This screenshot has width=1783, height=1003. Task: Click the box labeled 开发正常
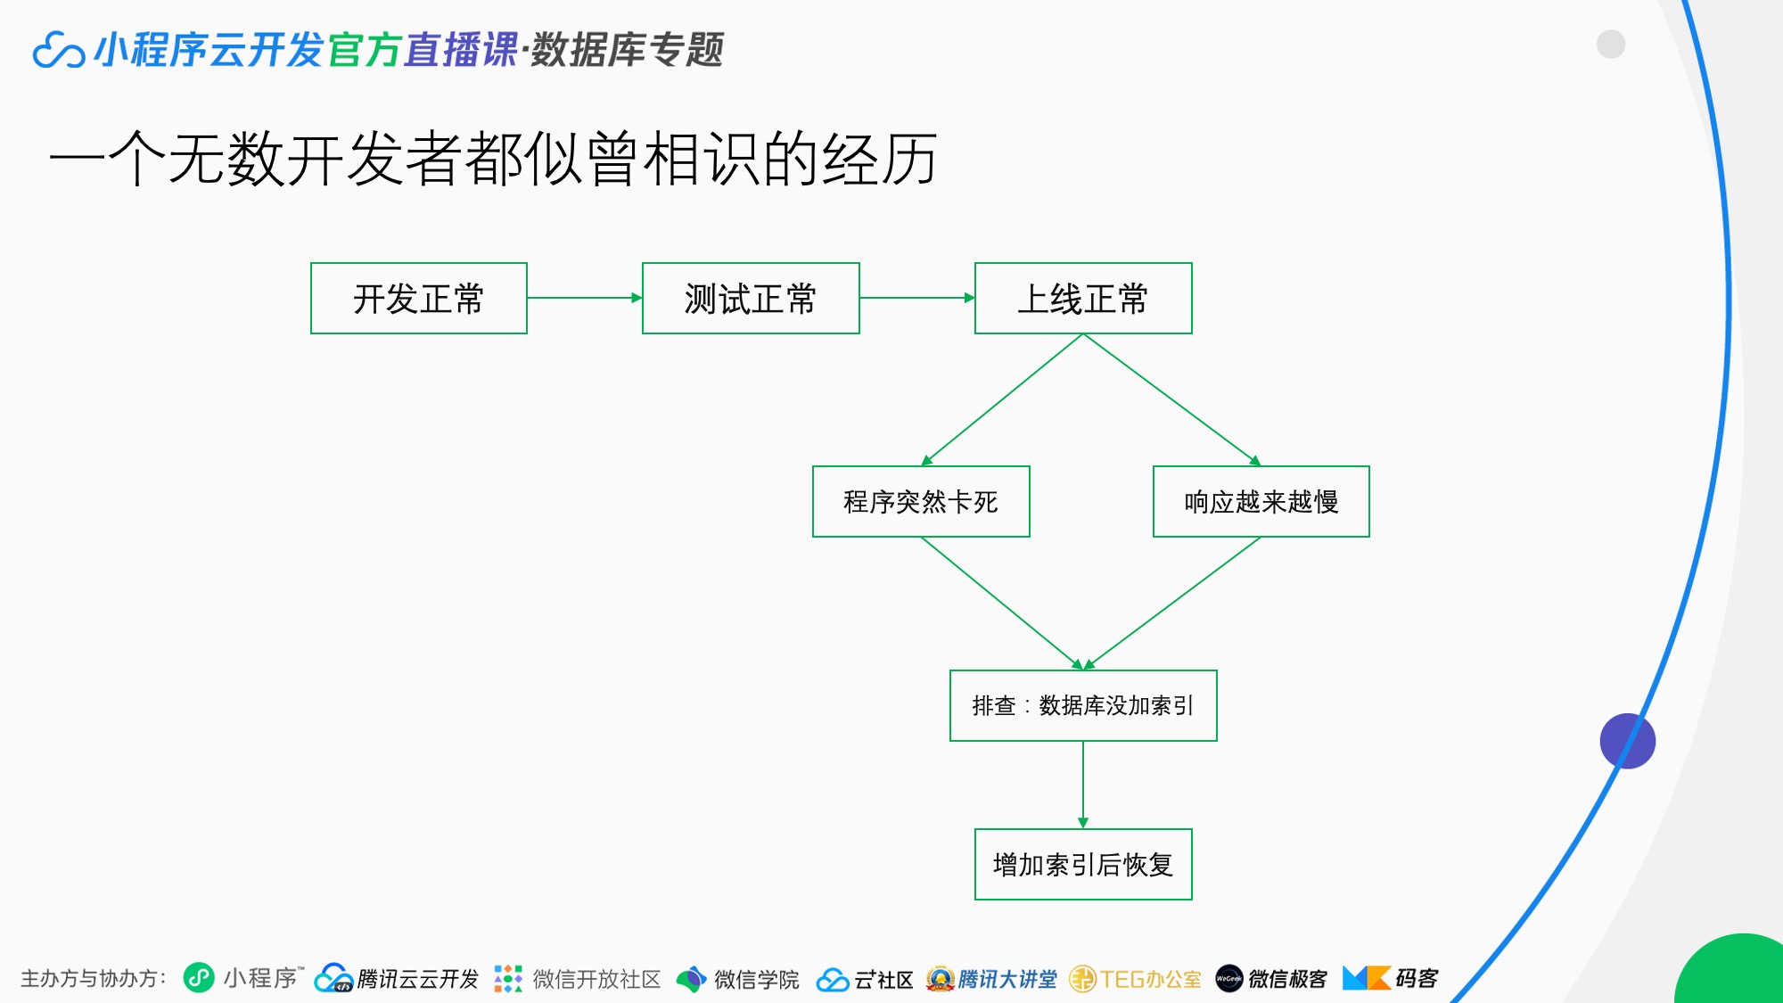tap(418, 299)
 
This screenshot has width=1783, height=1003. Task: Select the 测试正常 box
tap(751, 299)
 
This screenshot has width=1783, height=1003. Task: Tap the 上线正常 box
tap(1083, 299)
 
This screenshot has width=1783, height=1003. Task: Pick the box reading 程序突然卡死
tap(921, 502)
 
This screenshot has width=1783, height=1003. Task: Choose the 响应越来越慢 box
tap(1261, 502)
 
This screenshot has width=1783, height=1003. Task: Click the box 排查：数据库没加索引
tap(1083, 706)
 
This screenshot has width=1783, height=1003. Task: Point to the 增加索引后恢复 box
tap(1083, 865)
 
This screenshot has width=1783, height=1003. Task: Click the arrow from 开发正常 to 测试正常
tap(584, 298)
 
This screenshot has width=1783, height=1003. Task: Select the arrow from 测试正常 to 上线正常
tap(916, 298)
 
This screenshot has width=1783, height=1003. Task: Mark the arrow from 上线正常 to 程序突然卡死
tap(1002, 400)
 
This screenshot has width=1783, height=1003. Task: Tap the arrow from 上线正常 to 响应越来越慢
tap(1171, 400)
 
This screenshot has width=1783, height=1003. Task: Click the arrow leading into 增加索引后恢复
tap(1083, 785)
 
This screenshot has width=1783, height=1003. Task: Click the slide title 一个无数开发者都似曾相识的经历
tap(493, 160)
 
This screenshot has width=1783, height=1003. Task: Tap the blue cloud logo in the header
tap(58, 51)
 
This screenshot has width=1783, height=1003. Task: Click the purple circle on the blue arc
tap(1627, 741)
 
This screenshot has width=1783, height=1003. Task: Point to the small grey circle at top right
tap(1611, 44)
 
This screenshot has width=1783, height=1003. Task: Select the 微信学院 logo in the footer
tap(738, 979)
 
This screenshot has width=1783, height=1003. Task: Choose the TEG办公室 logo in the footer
tap(1135, 979)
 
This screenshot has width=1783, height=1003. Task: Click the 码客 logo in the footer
tap(1390, 979)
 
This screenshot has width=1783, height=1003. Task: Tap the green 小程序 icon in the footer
tap(199, 978)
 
